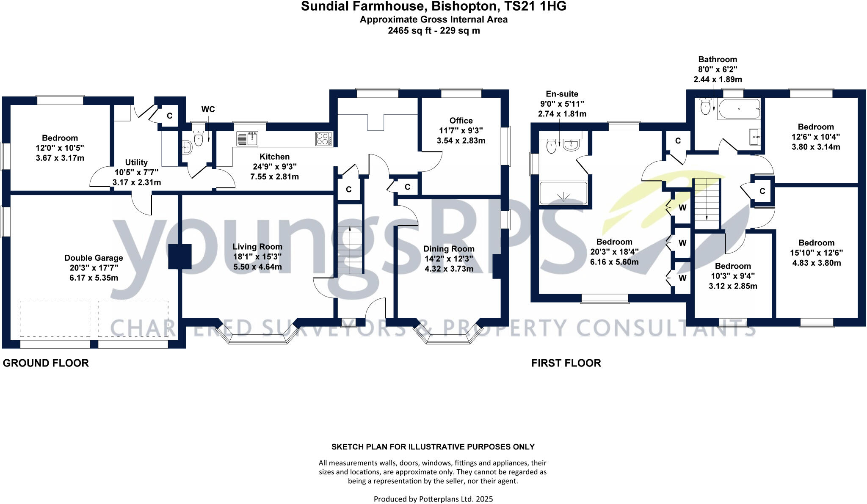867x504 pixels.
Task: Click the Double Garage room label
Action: pos(94,258)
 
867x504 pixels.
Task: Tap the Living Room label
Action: pos(257,247)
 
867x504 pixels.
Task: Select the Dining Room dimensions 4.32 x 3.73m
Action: pos(449,269)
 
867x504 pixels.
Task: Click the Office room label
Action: pos(461,121)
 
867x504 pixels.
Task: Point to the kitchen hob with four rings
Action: pos(323,139)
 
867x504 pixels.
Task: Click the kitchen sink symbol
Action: pos(253,138)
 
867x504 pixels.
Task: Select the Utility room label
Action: pos(136,162)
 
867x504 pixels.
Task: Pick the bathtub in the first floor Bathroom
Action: pos(739,109)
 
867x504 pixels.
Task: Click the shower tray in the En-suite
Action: pos(563,193)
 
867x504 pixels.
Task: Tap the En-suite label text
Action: pos(562,94)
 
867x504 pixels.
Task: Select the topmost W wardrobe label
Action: pos(682,208)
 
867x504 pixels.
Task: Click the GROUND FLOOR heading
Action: pos(46,363)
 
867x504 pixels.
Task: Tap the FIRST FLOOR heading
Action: pos(566,363)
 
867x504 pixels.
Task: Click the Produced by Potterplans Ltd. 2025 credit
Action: pos(433,499)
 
